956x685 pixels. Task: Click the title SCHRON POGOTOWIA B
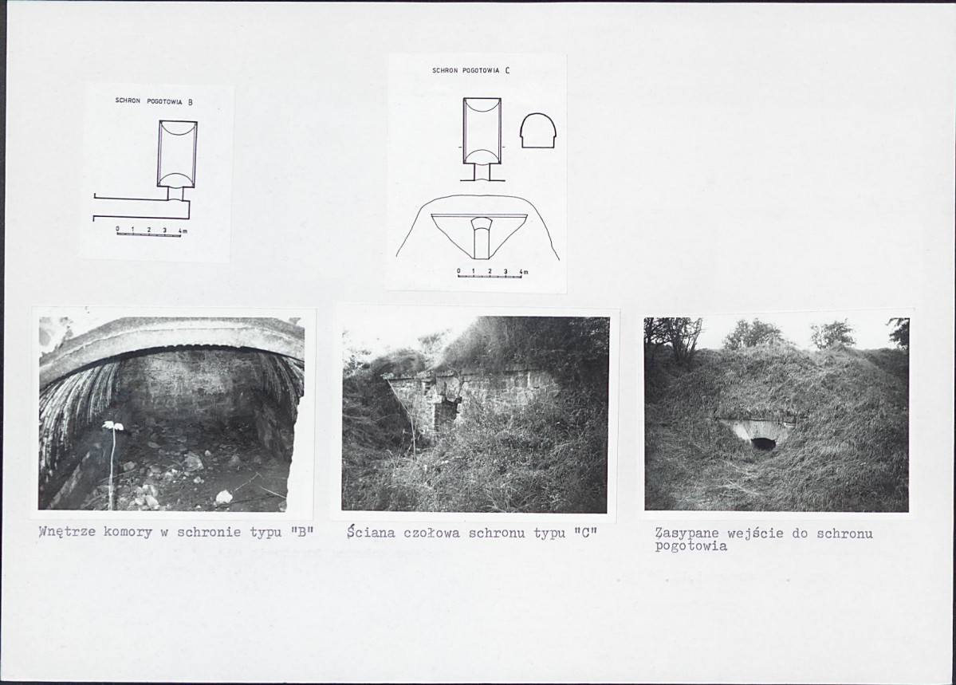pos(154,101)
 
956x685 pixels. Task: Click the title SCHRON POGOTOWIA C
pos(470,71)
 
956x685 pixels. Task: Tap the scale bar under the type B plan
pos(149,234)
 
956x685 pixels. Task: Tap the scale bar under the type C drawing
pos(490,277)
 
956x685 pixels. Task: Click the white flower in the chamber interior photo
pos(112,425)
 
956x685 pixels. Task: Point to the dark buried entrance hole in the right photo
pos(763,443)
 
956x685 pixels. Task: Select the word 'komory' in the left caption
pos(128,532)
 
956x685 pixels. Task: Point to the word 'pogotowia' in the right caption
pos(690,546)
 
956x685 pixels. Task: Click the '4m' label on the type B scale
pos(183,230)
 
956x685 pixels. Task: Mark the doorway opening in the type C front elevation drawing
pos(482,238)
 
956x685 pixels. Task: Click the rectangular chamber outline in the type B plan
pos(178,153)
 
